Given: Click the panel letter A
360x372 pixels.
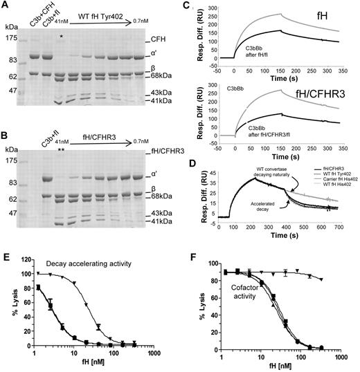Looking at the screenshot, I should pos(6,6).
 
